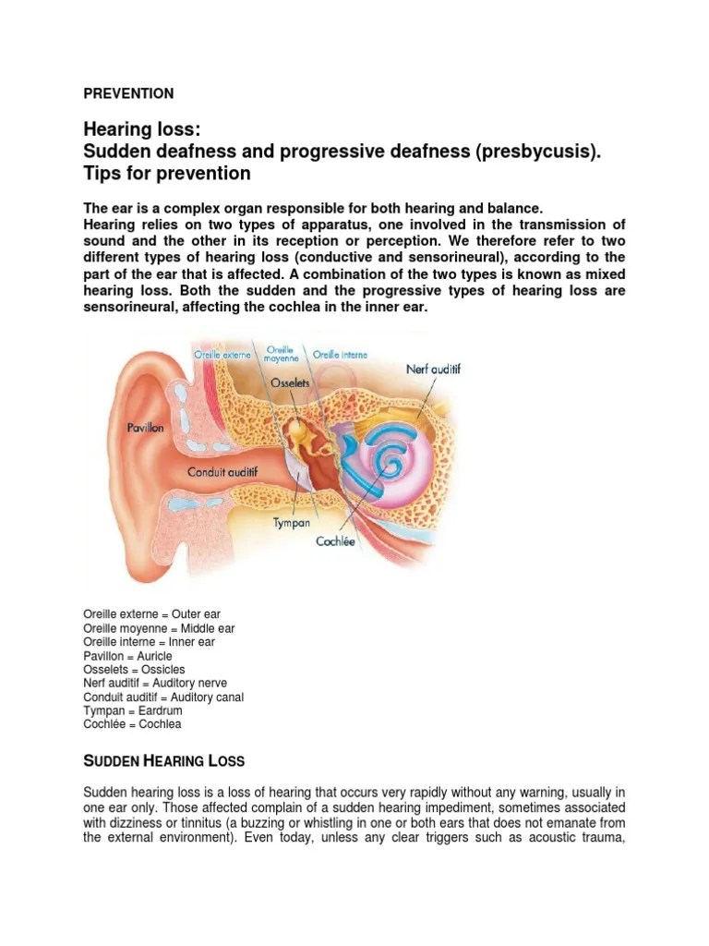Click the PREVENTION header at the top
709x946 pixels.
point(128,93)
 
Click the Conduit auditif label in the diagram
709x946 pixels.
point(222,472)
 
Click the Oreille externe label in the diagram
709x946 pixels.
point(224,354)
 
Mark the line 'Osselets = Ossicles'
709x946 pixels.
point(134,669)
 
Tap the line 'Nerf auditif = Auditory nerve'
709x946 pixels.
point(162,683)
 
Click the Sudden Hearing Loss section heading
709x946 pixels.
point(164,761)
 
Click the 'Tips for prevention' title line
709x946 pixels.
point(167,174)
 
